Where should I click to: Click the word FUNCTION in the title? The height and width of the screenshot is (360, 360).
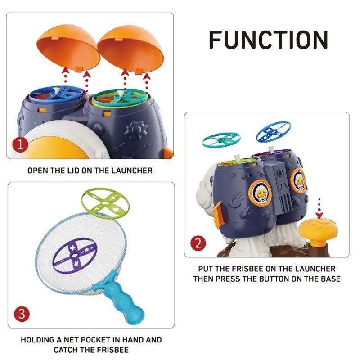click(268, 40)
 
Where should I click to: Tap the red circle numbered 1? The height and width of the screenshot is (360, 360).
click(20, 145)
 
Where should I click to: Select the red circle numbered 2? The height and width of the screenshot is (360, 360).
click(198, 243)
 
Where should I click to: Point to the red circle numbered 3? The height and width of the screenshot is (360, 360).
click(22, 314)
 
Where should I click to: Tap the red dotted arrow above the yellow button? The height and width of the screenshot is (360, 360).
click(319, 208)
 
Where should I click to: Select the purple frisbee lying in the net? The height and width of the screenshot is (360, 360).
click(75, 255)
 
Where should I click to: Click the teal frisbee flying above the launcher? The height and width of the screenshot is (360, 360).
click(221, 139)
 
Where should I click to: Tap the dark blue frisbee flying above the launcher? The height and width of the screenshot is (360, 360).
click(273, 131)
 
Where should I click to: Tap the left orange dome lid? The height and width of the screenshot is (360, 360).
click(68, 47)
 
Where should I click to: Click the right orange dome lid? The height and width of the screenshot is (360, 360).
click(130, 49)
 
